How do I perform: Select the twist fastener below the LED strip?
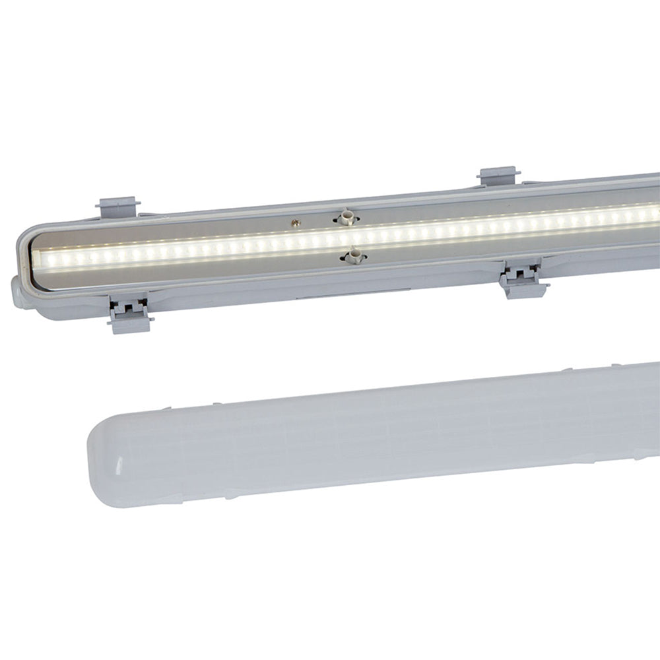pyautogui.click(x=354, y=255)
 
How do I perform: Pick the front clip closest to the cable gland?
pyautogui.click(x=129, y=313)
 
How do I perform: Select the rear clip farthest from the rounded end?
pyautogui.click(x=498, y=176)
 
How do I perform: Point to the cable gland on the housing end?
pyautogui.click(x=18, y=292)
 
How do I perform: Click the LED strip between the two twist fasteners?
pyautogui.click(x=350, y=236)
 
